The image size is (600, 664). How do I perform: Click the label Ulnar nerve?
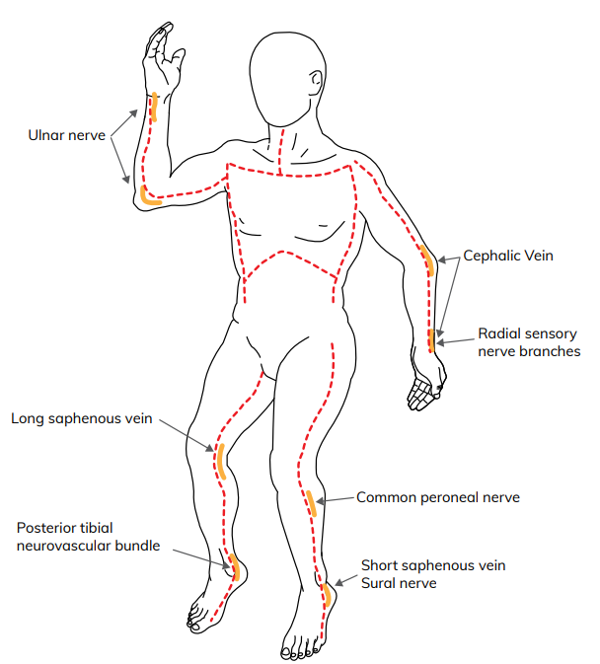click(x=65, y=133)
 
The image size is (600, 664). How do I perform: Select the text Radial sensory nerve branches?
click(x=528, y=342)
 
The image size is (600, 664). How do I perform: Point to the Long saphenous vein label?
click(x=82, y=418)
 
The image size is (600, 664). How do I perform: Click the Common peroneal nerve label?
click(x=437, y=497)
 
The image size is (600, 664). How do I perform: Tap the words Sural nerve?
click(x=399, y=583)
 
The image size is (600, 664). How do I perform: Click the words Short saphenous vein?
click(x=432, y=565)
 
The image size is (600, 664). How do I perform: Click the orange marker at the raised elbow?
click(x=148, y=196)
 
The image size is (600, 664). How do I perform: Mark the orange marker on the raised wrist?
click(x=154, y=107)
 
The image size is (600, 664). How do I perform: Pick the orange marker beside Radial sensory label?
click(x=431, y=340)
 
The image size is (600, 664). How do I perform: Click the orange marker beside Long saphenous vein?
click(x=220, y=461)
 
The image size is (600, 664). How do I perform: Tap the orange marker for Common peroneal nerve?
click(x=312, y=503)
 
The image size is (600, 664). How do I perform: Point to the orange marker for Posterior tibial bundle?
click(x=235, y=567)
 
